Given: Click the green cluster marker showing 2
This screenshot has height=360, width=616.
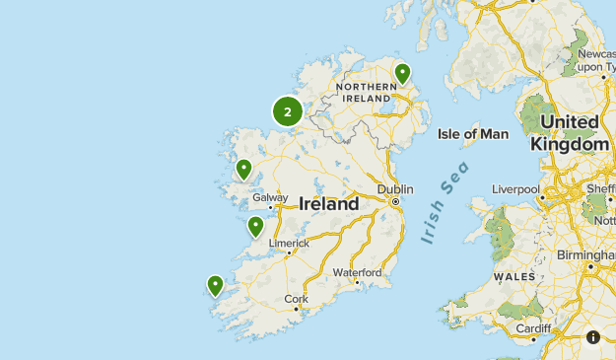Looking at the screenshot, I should pos(287,111).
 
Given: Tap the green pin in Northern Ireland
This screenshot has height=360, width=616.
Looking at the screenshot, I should pos(402,73).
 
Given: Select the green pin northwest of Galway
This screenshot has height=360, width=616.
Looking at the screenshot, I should pos(243,169).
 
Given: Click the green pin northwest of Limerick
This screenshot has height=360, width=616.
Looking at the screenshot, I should pos(255,227).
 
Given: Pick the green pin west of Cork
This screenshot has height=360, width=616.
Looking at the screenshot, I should pos(215,285).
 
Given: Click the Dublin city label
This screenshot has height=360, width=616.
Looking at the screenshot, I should pos(395,189).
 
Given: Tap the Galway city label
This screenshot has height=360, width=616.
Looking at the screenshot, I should pos(270,197).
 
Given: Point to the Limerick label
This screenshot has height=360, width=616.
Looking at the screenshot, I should pos(289,243).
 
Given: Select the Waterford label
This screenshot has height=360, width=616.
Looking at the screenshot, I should pos(357,272).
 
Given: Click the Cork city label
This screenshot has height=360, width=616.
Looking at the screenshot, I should pos(296,299).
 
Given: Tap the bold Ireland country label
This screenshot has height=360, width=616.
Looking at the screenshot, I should pos(329,205).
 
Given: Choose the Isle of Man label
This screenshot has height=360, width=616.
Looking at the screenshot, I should pos(472,133).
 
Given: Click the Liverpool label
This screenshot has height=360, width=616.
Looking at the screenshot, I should pos(516,188).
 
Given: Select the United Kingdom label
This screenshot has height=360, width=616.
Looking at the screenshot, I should pos(570,133).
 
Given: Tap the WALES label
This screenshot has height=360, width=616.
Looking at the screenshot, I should pos(514,276).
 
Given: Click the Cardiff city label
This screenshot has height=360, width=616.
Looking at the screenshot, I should pos(532,328).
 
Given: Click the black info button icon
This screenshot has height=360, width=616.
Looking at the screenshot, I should pos(593,337).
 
